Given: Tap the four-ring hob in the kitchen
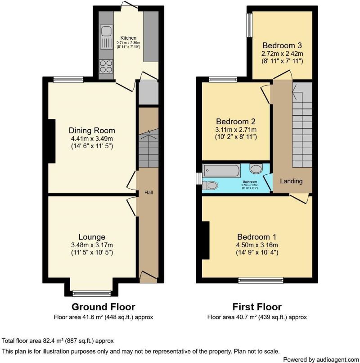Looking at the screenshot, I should (106, 66).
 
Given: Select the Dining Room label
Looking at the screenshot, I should (92, 131).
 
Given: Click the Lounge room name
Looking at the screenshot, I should (92, 237).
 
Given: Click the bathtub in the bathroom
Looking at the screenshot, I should (221, 170).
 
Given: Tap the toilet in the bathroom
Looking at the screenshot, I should (210, 185).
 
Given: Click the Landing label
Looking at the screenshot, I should (291, 181).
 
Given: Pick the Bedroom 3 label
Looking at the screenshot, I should (282, 45).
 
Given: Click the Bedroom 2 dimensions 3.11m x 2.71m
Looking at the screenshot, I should (236, 129).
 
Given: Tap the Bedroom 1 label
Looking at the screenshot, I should (257, 237).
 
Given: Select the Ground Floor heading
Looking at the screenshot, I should (103, 307).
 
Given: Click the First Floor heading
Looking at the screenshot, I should (257, 307).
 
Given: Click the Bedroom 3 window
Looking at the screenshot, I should (249, 24).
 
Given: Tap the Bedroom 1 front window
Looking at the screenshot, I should (261, 280).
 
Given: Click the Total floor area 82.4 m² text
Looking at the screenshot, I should (58, 340).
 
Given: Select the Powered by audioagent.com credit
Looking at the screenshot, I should (320, 359).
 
